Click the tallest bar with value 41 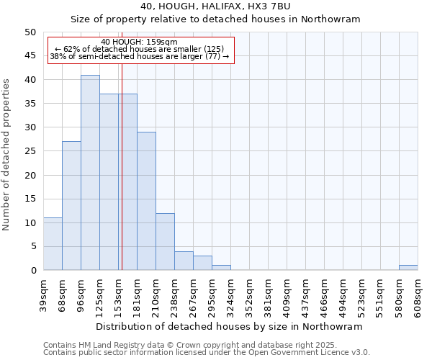pyautogui.click(x=90, y=173)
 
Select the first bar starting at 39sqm pyautogui.click(x=53, y=244)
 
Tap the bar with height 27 pyautogui.click(x=71, y=206)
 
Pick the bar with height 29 pyautogui.click(x=146, y=201)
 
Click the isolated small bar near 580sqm pyautogui.click(x=408, y=268)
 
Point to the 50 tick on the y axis pyautogui.click(x=30, y=32)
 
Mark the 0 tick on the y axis pyautogui.click(x=32, y=271)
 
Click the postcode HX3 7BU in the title pyautogui.click(x=271, y=6)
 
